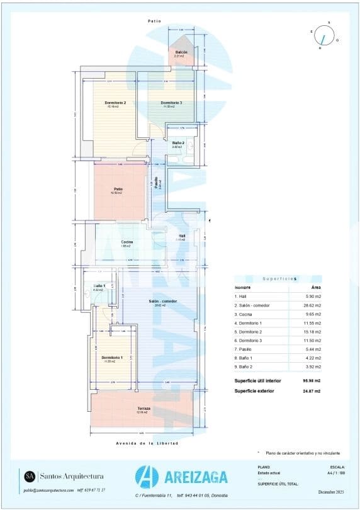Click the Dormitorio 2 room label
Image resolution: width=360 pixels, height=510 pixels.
point(115,103)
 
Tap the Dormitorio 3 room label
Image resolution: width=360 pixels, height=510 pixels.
point(171,103)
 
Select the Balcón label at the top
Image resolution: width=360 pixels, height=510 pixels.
point(181,52)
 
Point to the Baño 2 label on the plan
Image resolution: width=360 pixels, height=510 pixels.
point(178,143)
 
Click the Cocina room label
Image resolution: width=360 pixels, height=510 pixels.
point(127,242)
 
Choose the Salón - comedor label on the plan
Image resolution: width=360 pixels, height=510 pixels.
point(162,301)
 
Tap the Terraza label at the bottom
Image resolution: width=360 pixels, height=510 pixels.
point(144,409)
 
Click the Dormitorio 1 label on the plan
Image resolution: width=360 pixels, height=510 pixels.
point(114,358)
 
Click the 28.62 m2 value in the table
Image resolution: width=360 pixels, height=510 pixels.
point(312,305)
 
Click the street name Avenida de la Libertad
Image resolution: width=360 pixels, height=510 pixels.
point(147,443)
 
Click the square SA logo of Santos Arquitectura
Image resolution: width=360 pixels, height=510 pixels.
point(29,476)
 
